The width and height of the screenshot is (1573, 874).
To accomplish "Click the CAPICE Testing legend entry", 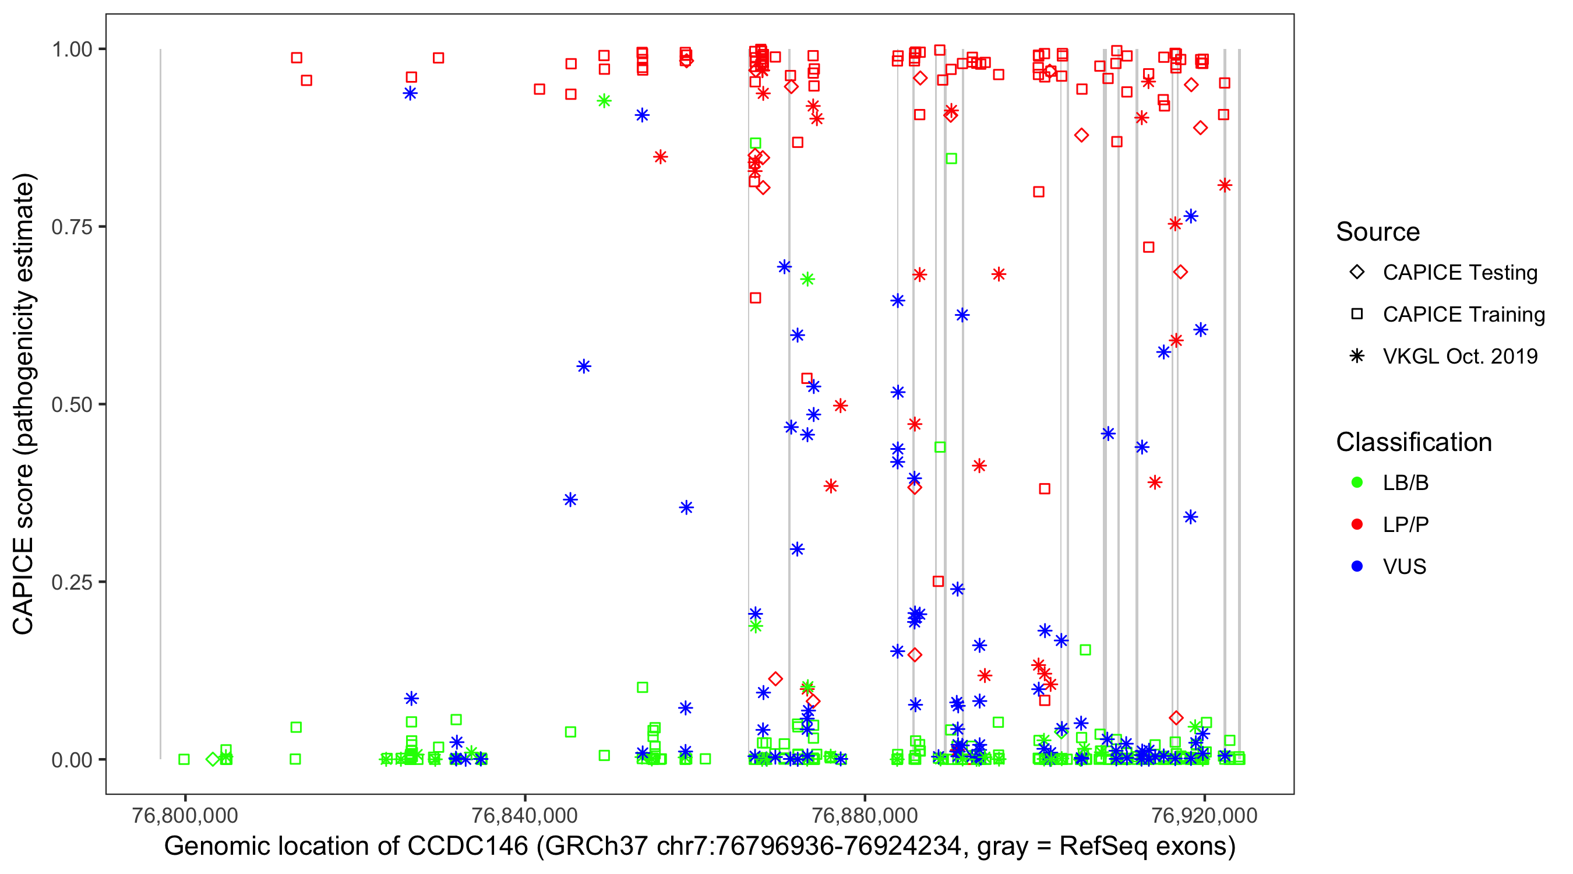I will pyautogui.click(x=1459, y=273).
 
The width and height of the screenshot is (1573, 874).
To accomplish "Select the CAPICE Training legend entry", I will pyautogui.click(x=1463, y=315).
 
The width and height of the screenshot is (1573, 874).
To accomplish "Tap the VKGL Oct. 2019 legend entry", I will pyautogui.click(x=1459, y=356).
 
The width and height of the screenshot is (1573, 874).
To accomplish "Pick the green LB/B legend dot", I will pyautogui.click(x=1357, y=482).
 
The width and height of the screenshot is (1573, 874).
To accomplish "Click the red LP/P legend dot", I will pyautogui.click(x=1357, y=524).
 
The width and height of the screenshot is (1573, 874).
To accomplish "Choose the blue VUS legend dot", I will pyautogui.click(x=1357, y=566).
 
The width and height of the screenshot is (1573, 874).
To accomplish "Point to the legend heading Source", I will pyautogui.click(x=1378, y=232).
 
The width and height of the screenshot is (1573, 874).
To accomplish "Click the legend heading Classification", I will pyautogui.click(x=1413, y=442).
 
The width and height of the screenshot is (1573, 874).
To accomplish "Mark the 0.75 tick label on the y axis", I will pyautogui.click(x=72, y=227).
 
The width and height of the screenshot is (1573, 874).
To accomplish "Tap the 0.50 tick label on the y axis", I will pyautogui.click(x=72, y=404).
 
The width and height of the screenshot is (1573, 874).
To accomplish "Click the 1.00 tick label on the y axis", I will pyautogui.click(x=72, y=50).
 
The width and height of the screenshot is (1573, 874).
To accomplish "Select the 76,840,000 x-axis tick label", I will pyautogui.click(x=524, y=815).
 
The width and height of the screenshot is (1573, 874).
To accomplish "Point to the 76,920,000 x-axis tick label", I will pyautogui.click(x=1204, y=815).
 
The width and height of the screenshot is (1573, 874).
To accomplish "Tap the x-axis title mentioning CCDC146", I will pyautogui.click(x=700, y=847).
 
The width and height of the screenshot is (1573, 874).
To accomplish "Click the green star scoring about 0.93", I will pyautogui.click(x=604, y=101).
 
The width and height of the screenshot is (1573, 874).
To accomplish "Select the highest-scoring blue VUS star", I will pyautogui.click(x=410, y=93).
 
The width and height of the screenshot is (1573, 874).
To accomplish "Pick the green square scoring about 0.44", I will pyautogui.click(x=940, y=447).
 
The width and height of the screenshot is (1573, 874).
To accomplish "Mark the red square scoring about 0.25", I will pyautogui.click(x=939, y=582).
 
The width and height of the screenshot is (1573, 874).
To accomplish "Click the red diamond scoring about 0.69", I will pyautogui.click(x=1180, y=272).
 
